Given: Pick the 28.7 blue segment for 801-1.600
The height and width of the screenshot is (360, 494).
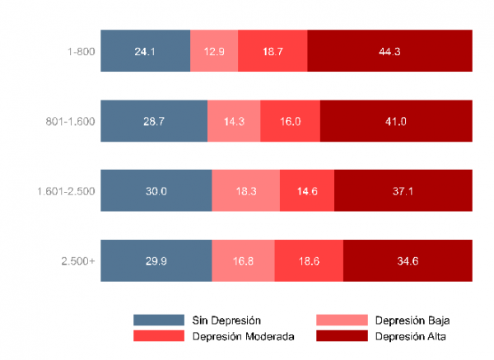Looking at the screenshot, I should tap(154, 121).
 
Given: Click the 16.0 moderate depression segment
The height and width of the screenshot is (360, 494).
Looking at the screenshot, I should tap(290, 121).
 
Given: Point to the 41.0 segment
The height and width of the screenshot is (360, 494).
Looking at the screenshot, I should tap(396, 121).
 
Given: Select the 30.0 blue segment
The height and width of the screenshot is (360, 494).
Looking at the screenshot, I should tap(156, 191).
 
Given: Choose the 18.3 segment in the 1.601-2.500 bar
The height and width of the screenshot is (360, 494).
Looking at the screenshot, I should tap(245, 191).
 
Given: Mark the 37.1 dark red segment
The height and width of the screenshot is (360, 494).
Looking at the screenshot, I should tap(403, 191).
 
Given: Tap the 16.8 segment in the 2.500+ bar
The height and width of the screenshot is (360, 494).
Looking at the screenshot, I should tap(243, 261).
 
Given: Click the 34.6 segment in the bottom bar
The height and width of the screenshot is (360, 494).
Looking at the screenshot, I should tap(408, 261).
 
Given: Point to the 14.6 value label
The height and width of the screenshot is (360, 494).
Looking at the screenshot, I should tap(307, 191).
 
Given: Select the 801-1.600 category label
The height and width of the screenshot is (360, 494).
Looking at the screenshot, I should tap(71, 121).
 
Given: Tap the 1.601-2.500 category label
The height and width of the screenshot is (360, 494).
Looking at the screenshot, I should tap(66, 191).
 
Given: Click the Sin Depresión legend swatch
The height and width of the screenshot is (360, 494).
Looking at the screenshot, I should tap(158, 320).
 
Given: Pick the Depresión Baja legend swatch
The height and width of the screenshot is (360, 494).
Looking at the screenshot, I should tap(341, 320).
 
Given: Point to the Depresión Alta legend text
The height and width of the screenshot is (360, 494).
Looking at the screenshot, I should tap(411, 336).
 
